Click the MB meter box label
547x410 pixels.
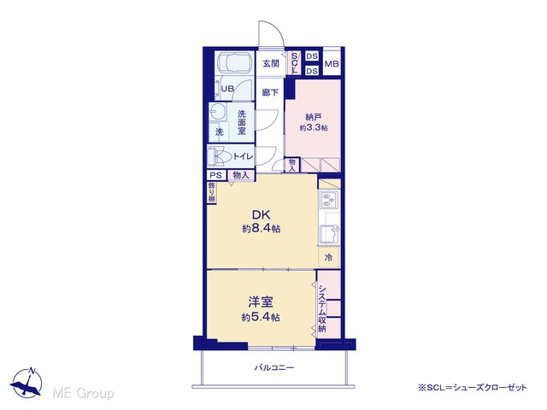tap(332, 64)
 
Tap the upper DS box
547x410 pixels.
tap(312, 56)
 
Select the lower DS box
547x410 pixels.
tap(312, 71)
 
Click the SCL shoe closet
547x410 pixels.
tap(295, 63)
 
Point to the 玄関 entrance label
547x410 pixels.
tap(271, 63)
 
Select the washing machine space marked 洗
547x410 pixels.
tap(219, 132)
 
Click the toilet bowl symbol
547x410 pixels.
tap(219, 156)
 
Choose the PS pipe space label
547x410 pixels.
tap(216, 175)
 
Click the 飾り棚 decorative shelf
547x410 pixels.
tap(211, 192)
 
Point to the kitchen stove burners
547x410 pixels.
tap(328, 200)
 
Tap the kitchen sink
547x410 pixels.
tap(329, 234)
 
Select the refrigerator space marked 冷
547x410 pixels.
tap(328, 258)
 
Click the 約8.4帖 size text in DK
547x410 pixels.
tap(262, 229)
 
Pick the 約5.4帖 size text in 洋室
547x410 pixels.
tap(261, 318)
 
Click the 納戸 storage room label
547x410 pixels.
tap(314, 118)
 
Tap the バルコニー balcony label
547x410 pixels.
tap(274, 367)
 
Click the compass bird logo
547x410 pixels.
tap(26, 383)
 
